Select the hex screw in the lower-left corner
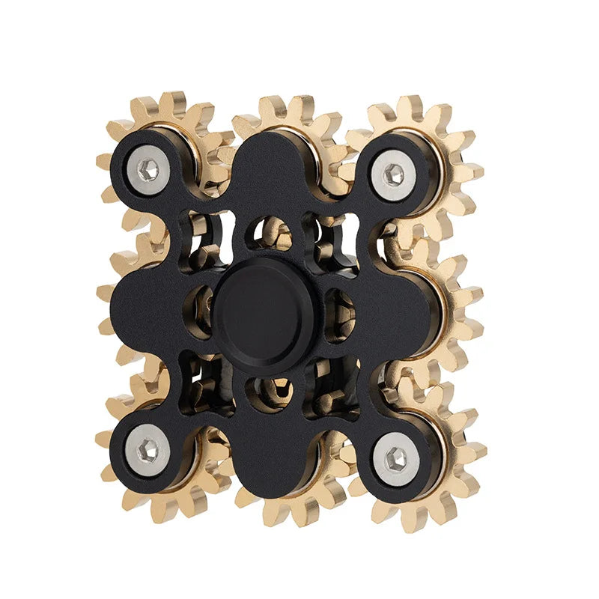pos(148,450)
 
